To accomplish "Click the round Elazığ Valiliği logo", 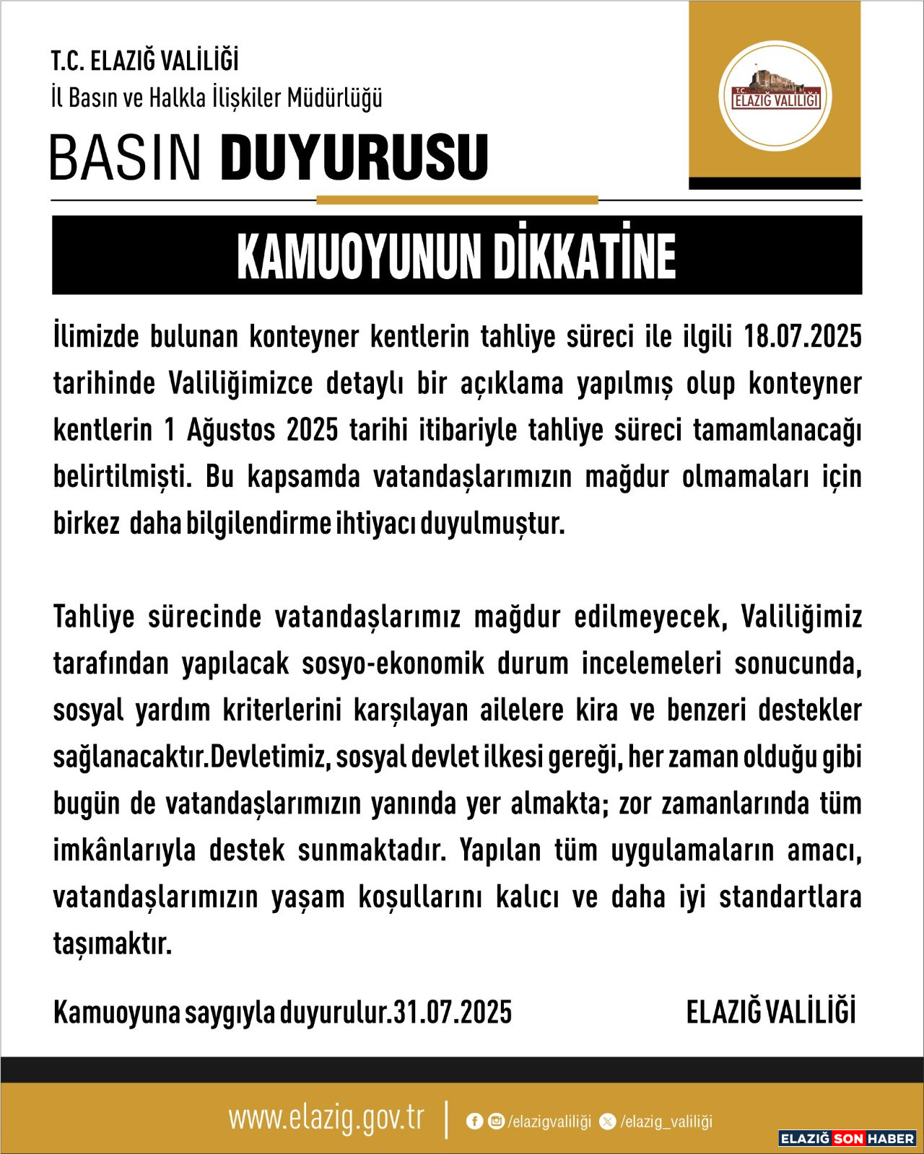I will (x=775, y=97).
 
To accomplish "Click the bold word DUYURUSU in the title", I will (x=354, y=157).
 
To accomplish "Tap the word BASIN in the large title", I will (x=126, y=157).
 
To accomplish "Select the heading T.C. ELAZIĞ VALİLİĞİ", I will (x=144, y=61).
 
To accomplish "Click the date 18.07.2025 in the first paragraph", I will (x=803, y=337).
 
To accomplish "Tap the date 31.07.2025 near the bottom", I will (x=453, y=1013).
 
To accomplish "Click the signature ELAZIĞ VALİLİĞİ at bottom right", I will (x=770, y=1012).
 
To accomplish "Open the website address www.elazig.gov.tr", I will (x=326, y=1119).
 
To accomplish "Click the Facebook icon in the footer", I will (x=474, y=1121).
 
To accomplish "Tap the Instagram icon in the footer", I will (x=496, y=1121).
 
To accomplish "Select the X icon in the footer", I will (x=608, y=1121).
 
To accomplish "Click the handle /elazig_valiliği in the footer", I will (x=666, y=1122).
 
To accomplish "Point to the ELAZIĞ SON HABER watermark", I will (x=847, y=1138).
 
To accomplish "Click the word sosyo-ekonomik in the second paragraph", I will (x=393, y=664).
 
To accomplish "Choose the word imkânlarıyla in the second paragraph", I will (x=124, y=850).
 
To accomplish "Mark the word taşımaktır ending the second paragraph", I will (x=112, y=943).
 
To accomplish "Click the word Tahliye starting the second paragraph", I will (x=94, y=617).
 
